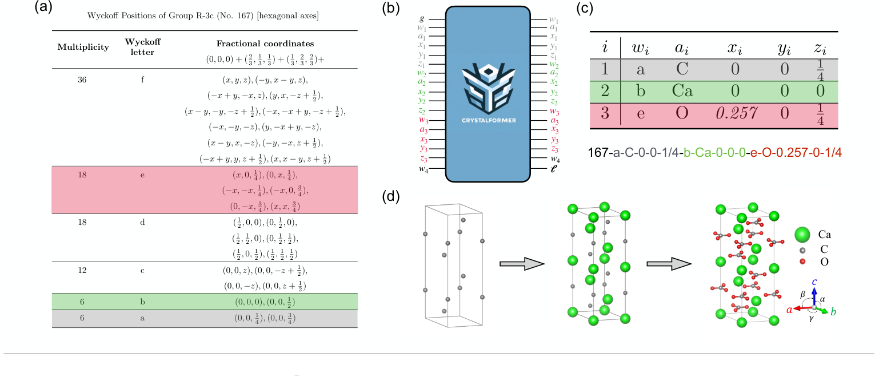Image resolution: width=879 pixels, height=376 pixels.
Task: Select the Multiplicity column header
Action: [x=83, y=47]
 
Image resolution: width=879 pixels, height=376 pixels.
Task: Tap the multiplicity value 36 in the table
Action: [x=83, y=80]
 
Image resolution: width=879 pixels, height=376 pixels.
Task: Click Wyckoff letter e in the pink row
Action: [x=142, y=175]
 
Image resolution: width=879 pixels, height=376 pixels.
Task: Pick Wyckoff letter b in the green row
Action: [x=142, y=301]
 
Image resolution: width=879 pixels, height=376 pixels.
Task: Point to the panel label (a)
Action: [x=44, y=7]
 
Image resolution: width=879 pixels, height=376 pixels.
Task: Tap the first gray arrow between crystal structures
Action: [x=520, y=264]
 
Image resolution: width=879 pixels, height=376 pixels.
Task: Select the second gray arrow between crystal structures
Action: [x=668, y=264]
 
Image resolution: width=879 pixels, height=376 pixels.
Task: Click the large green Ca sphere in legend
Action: [x=803, y=234]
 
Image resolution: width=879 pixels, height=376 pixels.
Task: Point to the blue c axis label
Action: [x=814, y=282]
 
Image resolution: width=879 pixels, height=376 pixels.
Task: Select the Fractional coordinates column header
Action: [x=265, y=43]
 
